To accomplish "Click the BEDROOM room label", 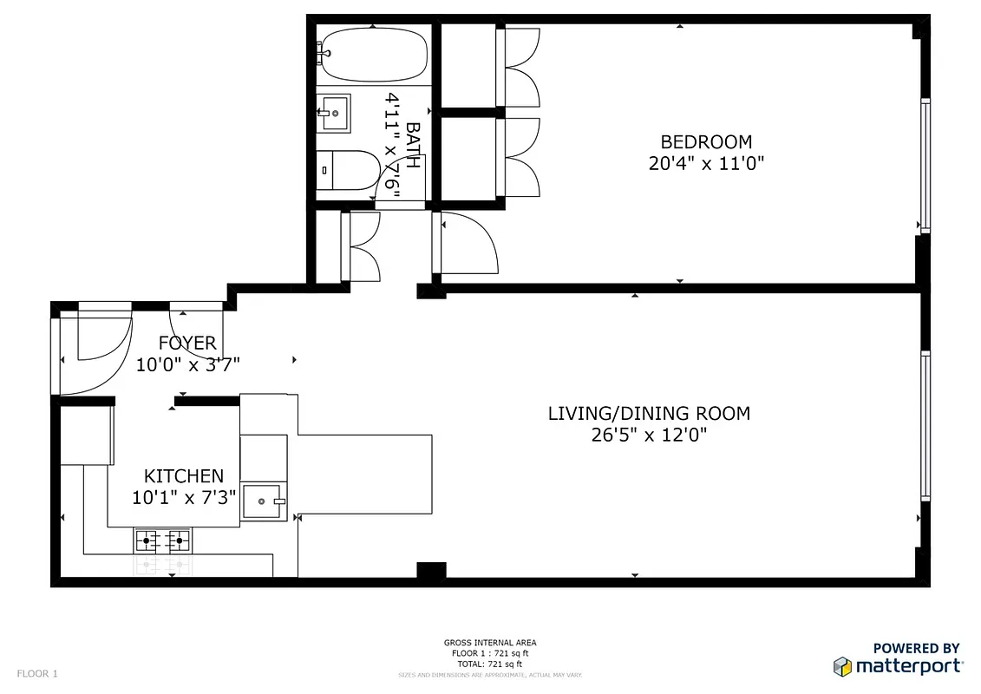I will click(706, 141).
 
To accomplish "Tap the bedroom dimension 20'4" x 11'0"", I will click(706, 163).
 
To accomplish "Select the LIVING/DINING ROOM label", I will click(649, 414).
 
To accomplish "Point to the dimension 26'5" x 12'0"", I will click(649, 435).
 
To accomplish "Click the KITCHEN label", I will click(183, 476).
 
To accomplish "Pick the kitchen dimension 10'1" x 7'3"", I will click(184, 498).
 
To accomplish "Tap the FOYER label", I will click(187, 344).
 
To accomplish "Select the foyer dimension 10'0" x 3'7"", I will click(187, 365).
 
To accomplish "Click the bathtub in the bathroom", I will click(374, 54).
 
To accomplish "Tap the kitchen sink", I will click(263, 501).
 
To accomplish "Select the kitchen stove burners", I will click(162, 541).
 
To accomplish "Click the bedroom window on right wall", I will click(925, 166).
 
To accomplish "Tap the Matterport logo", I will click(899, 660).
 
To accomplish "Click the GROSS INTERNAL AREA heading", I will click(490, 643).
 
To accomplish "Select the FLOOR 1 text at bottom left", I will click(37, 673).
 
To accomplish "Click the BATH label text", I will click(413, 145).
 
